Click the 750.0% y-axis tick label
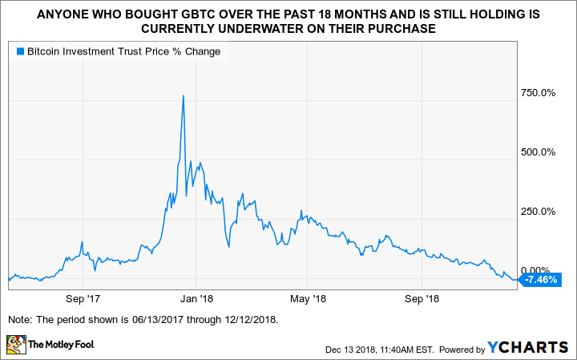(x=538, y=93)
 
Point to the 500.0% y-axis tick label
(x=538, y=152)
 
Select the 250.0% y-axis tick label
(x=538, y=212)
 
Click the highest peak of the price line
(x=184, y=96)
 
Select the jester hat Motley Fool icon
(x=16, y=346)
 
